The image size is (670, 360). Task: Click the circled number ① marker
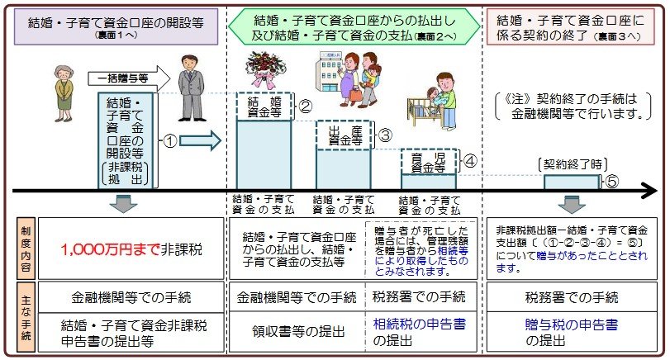[169, 141]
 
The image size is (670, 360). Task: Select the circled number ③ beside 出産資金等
[384, 134]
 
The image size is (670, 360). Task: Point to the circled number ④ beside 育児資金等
[469, 160]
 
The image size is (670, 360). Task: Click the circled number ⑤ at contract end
[612, 182]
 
